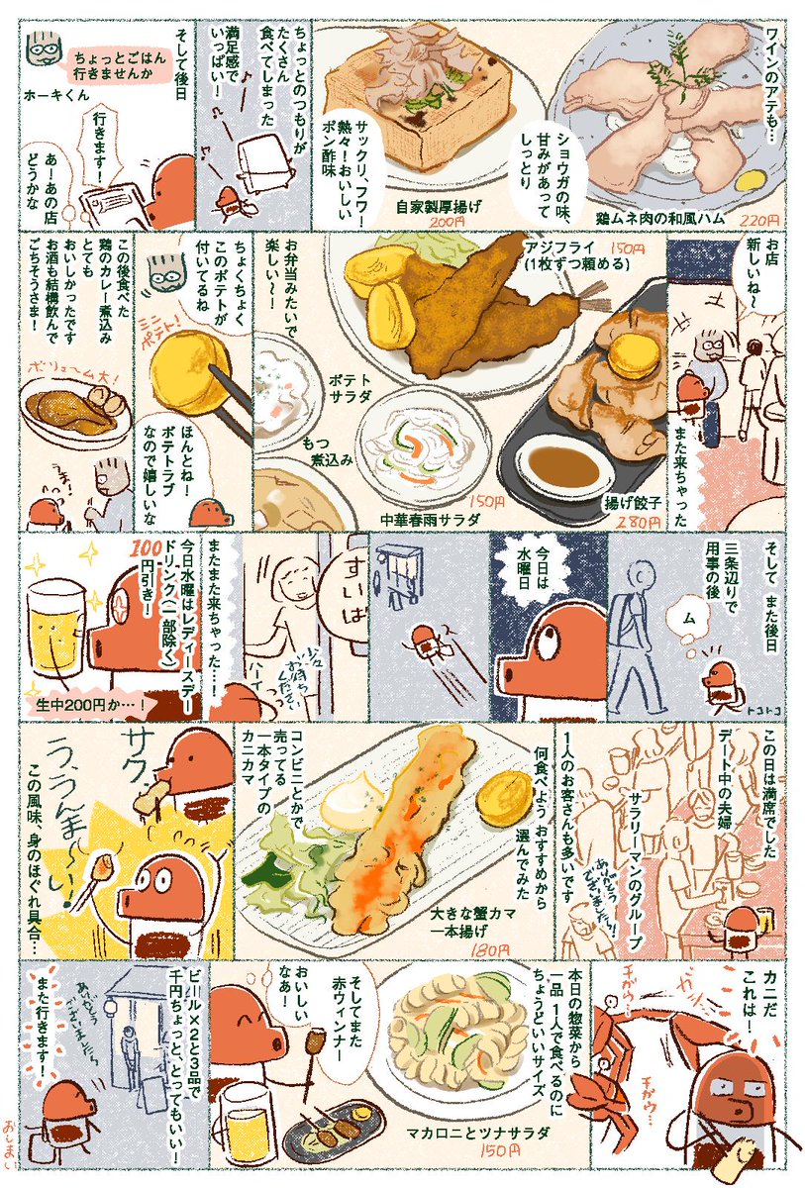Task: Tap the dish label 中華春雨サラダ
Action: (x=430, y=518)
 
